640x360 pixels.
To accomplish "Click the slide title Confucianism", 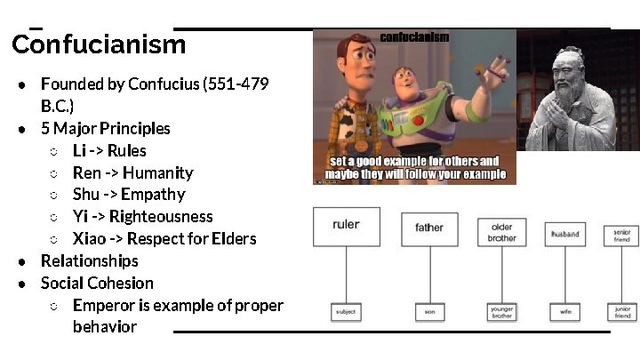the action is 99,44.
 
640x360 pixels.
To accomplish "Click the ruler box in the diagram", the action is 346,226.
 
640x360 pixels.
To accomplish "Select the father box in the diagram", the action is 429,228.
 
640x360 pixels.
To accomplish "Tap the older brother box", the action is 502,233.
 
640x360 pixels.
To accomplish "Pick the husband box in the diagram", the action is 565,235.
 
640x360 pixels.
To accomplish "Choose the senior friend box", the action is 621,236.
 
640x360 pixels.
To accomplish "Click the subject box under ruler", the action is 346,313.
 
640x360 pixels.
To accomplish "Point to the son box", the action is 429,313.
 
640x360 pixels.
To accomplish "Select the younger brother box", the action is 502,312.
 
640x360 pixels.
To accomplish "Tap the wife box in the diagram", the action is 565,313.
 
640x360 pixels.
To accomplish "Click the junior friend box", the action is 622,312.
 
